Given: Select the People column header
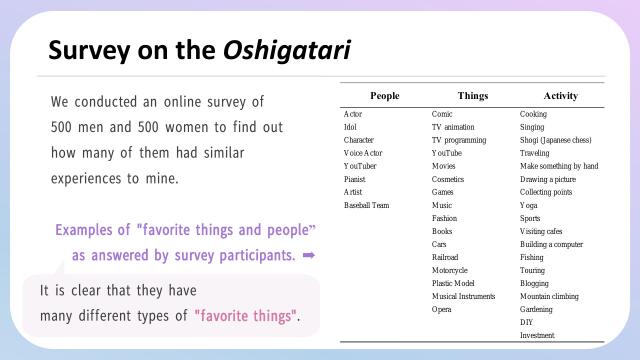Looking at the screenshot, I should [384, 95].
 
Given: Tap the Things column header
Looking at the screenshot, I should [473, 95].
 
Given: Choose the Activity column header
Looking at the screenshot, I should [560, 95].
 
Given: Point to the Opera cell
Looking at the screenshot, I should [442, 309].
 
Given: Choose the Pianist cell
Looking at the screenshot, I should [355, 179].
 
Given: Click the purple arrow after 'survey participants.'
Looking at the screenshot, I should [309, 255].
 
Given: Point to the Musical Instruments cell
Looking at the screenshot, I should [463, 296].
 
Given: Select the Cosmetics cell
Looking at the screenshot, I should [448, 179].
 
